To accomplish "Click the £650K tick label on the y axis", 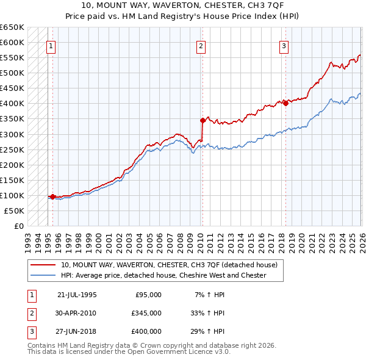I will (12, 27).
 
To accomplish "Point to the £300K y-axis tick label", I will (12, 134).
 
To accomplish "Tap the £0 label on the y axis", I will (18, 226).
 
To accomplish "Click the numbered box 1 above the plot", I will (51, 45).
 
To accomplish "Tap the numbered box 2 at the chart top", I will (201, 45).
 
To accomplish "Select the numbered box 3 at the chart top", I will (284, 45).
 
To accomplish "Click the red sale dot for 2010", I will (203, 120).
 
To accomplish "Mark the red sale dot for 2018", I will (285, 103).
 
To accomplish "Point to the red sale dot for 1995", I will (53, 196).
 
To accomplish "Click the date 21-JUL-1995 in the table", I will (77, 295).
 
